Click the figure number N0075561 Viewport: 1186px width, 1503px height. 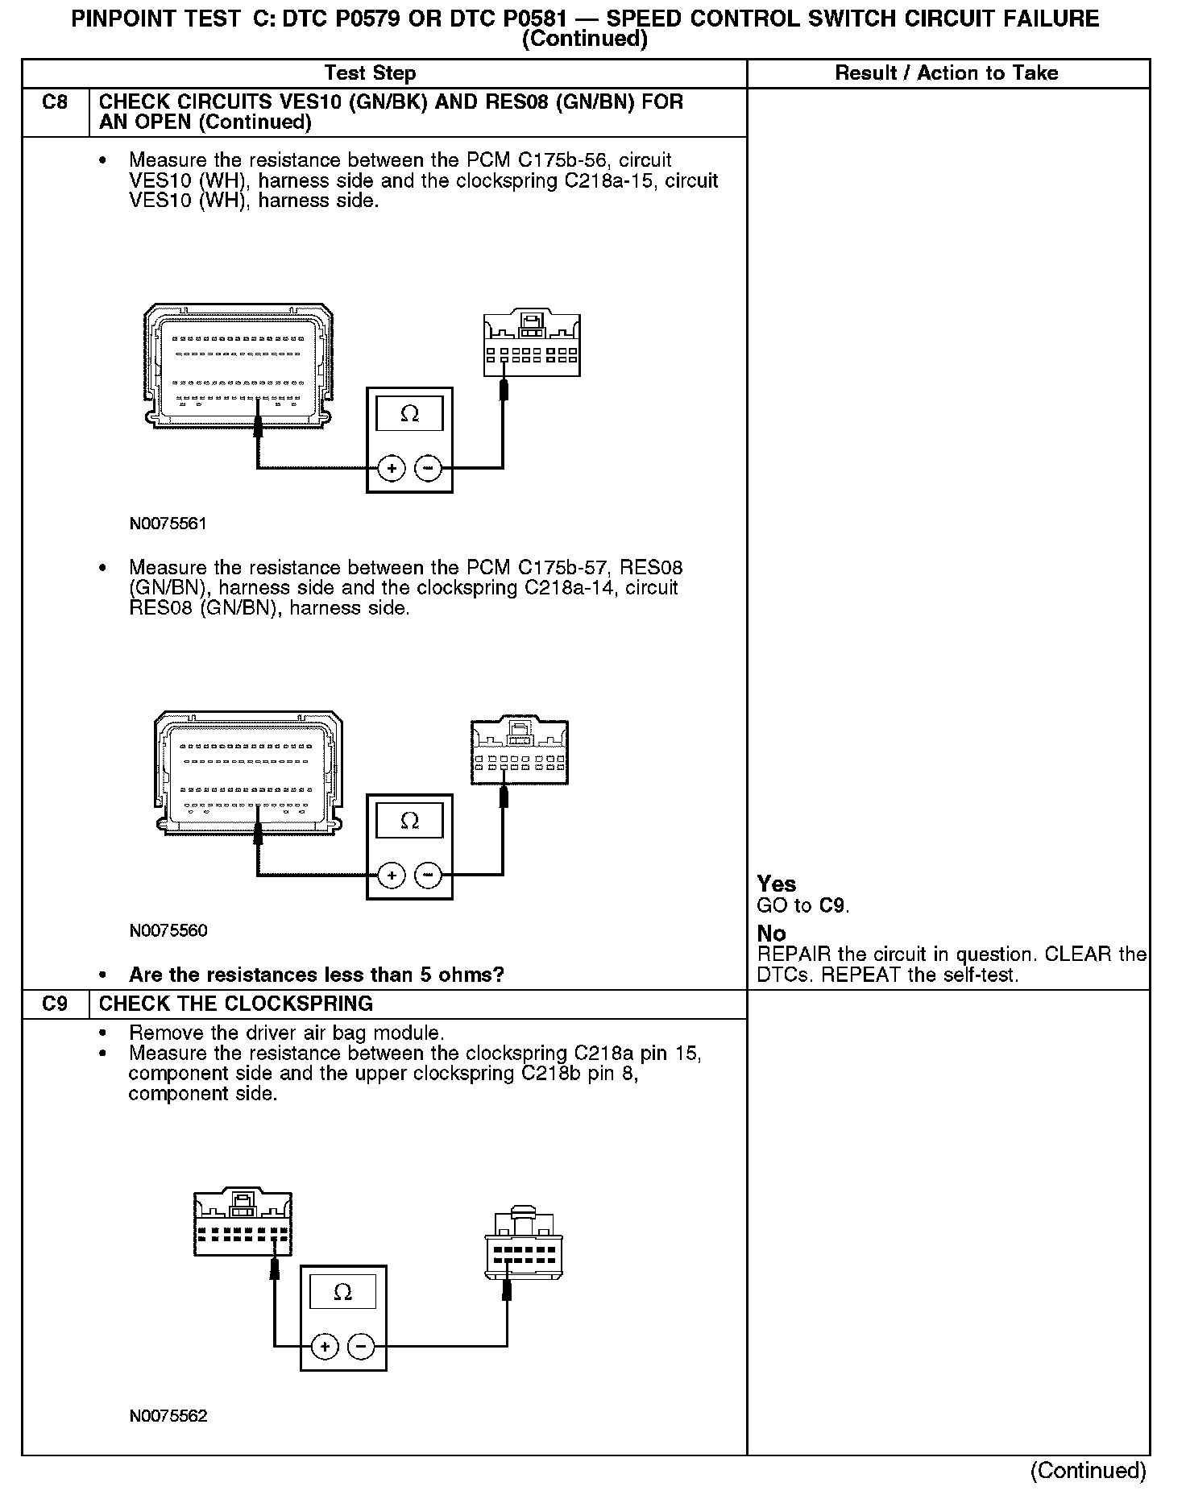click(x=168, y=524)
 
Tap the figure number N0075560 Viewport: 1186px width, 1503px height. click(x=168, y=930)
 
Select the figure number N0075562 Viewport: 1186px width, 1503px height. click(x=168, y=1415)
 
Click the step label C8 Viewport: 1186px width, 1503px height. click(x=55, y=102)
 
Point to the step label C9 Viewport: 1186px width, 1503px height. click(x=55, y=1004)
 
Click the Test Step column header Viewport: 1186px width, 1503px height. click(x=370, y=73)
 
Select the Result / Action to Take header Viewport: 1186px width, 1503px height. click(x=946, y=73)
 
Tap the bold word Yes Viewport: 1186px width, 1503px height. click(x=777, y=884)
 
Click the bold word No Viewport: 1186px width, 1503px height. click(x=771, y=934)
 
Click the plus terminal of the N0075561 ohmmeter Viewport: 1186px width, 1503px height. click(x=392, y=468)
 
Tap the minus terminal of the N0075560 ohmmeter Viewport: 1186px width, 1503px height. click(x=429, y=875)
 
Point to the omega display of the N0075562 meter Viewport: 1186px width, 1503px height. click(x=342, y=1293)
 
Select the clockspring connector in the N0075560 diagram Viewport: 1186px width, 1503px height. click(x=520, y=751)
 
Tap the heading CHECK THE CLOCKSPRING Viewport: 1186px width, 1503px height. click(x=235, y=1004)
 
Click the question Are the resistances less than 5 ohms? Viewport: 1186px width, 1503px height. click(x=316, y=975)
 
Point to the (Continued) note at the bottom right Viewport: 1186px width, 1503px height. click(x=1088, y=1470)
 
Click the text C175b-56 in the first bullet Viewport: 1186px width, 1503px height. click(x=565, y=160)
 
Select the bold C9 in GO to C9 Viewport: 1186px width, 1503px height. click(x=832, y=905)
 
